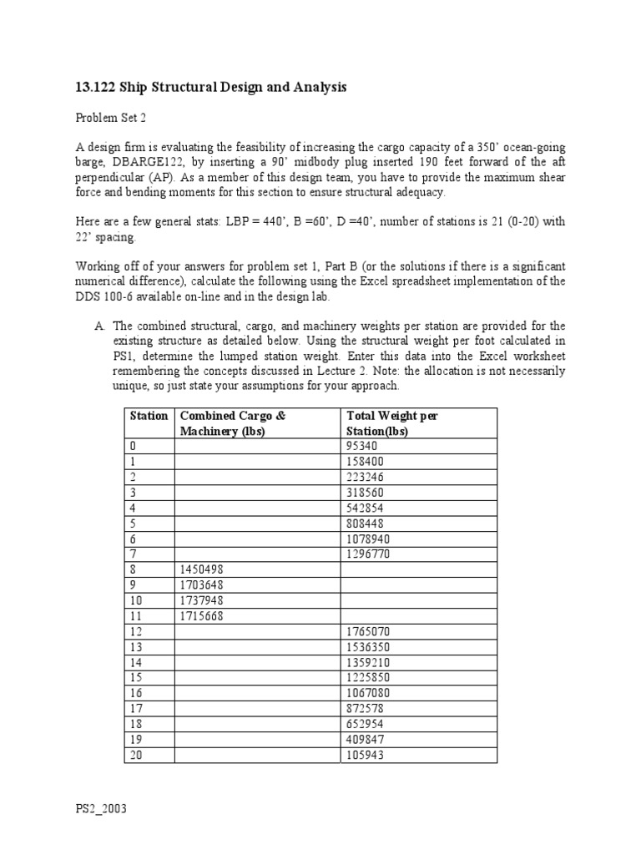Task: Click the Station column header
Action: (149, 415)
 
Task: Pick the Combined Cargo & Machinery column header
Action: (233, 422)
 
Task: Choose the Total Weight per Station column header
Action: (391, 422)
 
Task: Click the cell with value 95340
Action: (361, 446)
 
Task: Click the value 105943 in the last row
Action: (364, 755)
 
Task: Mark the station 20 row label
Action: (135, 755)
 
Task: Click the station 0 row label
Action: (132, 446)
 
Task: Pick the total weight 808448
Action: (364, 524)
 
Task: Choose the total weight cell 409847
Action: (364, 740)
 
